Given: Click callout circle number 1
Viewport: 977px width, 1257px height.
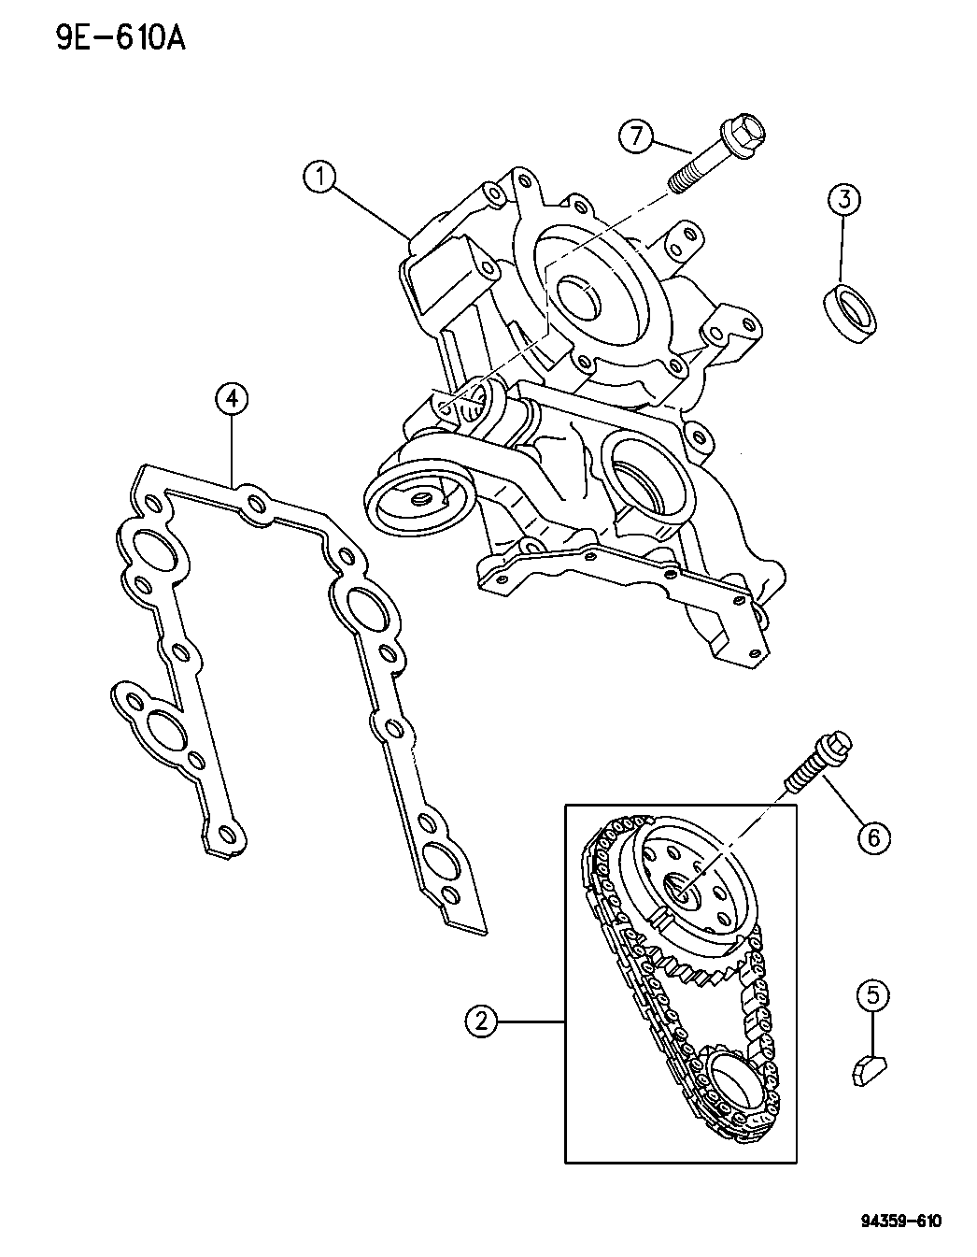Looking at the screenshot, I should point(321,177).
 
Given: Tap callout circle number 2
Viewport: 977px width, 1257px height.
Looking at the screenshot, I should point(481,1022).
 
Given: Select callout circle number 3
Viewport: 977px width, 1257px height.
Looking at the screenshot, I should point(843,198).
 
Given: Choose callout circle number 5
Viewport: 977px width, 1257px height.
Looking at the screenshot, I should point(873,997).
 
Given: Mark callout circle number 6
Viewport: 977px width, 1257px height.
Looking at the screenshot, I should point(873,837).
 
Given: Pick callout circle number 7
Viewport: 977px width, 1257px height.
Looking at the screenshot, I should point(636,136).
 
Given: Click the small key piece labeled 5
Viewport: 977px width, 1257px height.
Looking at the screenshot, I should point(871,1069).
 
